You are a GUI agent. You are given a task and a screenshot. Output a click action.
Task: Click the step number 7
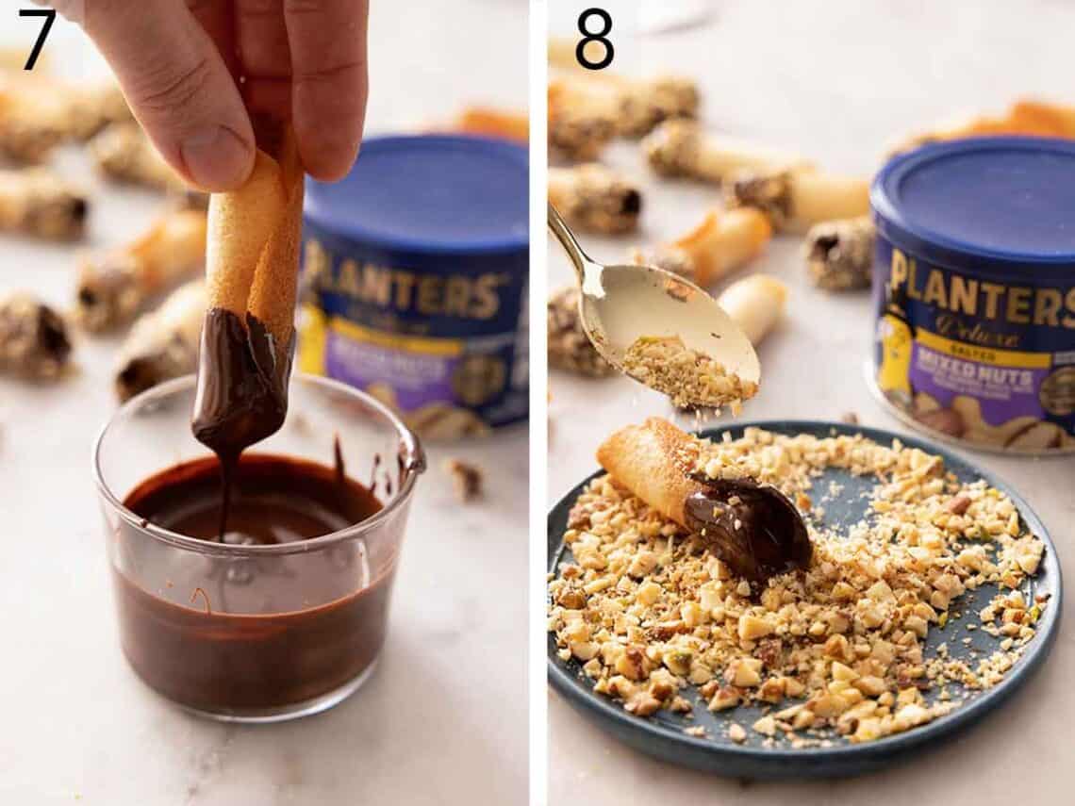click(37, 39)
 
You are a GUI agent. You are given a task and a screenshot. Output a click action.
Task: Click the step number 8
click(594, 39)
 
